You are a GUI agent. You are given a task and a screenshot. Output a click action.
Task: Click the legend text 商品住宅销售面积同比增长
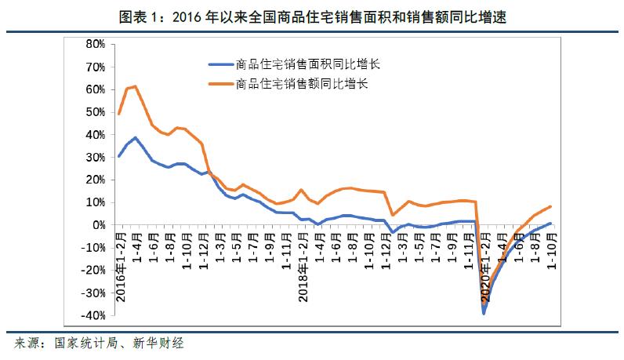point(302,64)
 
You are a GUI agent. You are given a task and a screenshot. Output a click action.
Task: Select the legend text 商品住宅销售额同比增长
point(296,82)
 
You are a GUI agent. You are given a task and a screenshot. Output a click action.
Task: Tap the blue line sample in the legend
point(219,64)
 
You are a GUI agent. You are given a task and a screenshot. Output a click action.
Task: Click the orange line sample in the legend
point(219,82)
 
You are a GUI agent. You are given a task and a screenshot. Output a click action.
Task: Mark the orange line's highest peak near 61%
point(136,86)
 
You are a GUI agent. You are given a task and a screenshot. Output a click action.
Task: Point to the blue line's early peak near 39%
point(136,137)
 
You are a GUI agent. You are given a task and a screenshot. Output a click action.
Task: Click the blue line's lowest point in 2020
point(484,313)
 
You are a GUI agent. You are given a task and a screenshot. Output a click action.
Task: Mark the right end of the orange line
point(550,206)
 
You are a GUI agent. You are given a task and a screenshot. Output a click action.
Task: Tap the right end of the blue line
point(550,224)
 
